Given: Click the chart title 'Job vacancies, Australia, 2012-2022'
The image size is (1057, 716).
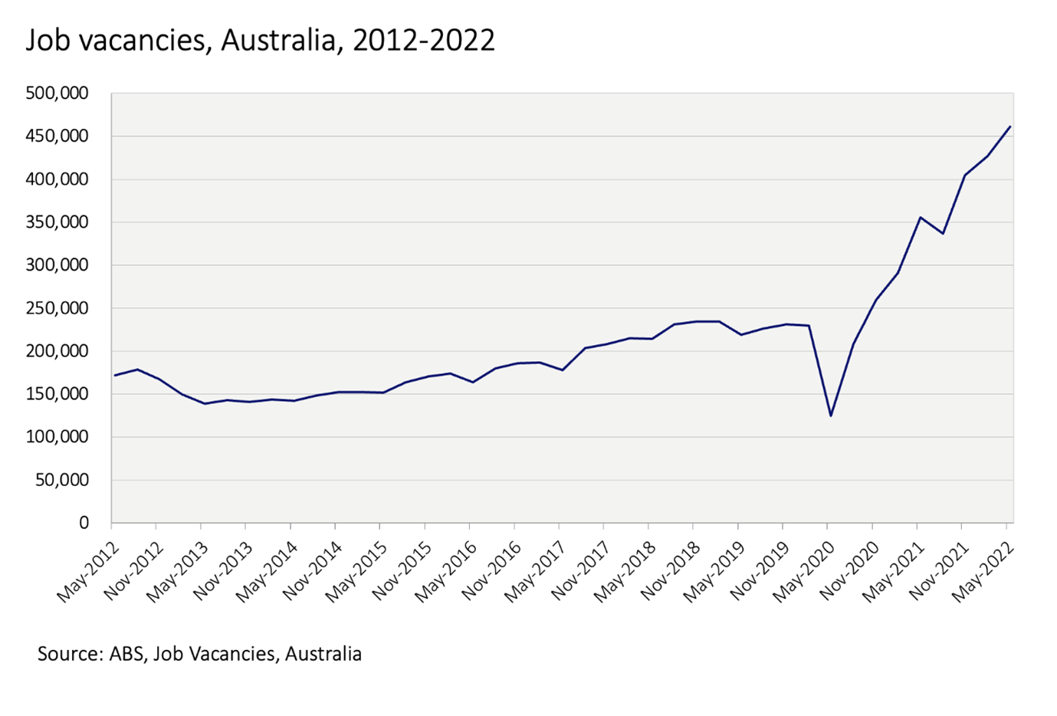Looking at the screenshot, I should [x=261, y=40].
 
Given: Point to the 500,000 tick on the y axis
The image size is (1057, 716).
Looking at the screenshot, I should [x=57, y=94].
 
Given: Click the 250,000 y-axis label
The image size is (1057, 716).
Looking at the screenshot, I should [x=57, y=308].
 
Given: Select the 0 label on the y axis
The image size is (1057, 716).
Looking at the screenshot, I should [x=84, y=523].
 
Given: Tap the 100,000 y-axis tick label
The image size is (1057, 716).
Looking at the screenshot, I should [x=57, y=437].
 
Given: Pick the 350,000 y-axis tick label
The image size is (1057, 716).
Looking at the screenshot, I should [x=57, y=222].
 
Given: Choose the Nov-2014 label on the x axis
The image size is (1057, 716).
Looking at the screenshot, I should [x=312, y=571].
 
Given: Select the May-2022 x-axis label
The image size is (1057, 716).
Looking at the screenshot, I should [x=984, y=571].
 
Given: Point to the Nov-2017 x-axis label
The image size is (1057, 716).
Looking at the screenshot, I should [x=581, y=571].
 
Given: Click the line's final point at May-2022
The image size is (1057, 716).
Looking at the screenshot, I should [x=1010, y=126].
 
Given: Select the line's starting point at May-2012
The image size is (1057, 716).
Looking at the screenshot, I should [x=114, y=376].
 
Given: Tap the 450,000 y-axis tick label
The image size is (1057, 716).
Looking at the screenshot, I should [x=57, y=136].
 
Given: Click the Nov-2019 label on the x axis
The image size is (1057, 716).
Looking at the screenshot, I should [x=760, y=571].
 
